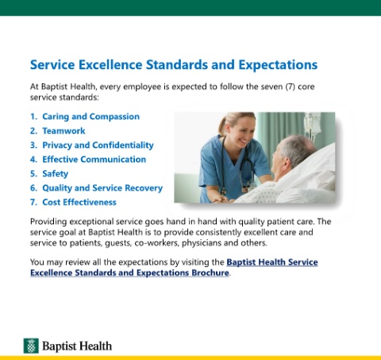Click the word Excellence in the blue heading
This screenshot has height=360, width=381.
tap(110, 64)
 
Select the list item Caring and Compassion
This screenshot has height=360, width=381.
tap(90, 117)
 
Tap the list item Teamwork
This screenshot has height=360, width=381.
tap(63, 131)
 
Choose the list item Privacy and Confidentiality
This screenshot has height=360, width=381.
tap(98, 145)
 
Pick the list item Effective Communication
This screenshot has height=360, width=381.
tap(94, 160)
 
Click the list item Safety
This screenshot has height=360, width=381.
tap(55, 174)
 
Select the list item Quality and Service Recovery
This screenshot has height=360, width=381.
tap(102, 188)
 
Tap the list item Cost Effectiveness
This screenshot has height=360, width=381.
tap(79, 203)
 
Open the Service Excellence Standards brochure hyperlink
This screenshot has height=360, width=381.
tap(174, 267)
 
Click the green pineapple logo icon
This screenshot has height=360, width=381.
tap(31, 346)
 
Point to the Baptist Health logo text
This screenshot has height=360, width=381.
tap(77, 346)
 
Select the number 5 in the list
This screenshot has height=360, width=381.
tap(33, 174)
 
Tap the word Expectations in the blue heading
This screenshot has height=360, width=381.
tap(278, 65)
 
